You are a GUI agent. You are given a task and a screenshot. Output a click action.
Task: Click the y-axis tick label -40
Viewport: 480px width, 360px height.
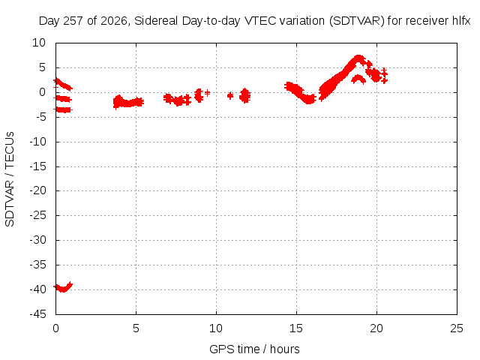(x=37, y=289)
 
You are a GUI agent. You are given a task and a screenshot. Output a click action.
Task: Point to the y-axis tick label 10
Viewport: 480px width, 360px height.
(x=39, y=43)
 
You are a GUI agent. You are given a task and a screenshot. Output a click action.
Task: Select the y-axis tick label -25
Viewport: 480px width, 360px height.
(x=37, y=215)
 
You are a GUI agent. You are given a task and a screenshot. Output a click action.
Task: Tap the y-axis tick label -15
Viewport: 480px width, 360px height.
(x=37, y=166)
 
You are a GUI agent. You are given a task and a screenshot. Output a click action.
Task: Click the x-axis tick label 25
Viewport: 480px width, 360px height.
(x=457, y=328)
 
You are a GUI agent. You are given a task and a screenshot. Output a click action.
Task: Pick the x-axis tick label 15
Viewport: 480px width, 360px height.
(x=296, y=328)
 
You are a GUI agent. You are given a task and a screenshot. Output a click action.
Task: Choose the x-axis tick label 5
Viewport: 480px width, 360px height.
(x=136, y=328)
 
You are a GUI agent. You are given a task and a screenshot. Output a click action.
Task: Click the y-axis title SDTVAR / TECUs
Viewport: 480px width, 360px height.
(x=10, y=179)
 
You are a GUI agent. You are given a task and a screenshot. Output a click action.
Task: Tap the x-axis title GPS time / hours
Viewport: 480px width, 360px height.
(x=254, y=349)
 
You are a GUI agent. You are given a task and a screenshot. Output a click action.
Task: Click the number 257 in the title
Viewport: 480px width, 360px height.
(x=73, y=21)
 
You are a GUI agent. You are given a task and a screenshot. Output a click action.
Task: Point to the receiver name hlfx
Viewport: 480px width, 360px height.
(x=461, y=21)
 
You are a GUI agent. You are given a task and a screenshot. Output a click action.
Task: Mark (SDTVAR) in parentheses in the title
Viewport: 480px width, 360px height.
(x=357, y=21)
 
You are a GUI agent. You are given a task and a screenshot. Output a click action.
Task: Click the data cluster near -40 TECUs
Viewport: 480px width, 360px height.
(x=63, y=288)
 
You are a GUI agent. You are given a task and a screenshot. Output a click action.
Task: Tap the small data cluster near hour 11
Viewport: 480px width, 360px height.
(x=230, y=96)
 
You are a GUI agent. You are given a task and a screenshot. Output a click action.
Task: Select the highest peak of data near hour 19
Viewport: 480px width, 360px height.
(x=358, y=58)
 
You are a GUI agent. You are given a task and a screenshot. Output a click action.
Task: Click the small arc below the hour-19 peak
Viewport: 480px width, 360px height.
(x=358, y=79)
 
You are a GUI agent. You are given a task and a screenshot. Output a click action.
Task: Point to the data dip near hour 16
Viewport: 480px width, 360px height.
(x=309, y=99)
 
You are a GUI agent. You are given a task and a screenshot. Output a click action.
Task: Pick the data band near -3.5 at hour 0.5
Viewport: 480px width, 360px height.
(x=62, y=109)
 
